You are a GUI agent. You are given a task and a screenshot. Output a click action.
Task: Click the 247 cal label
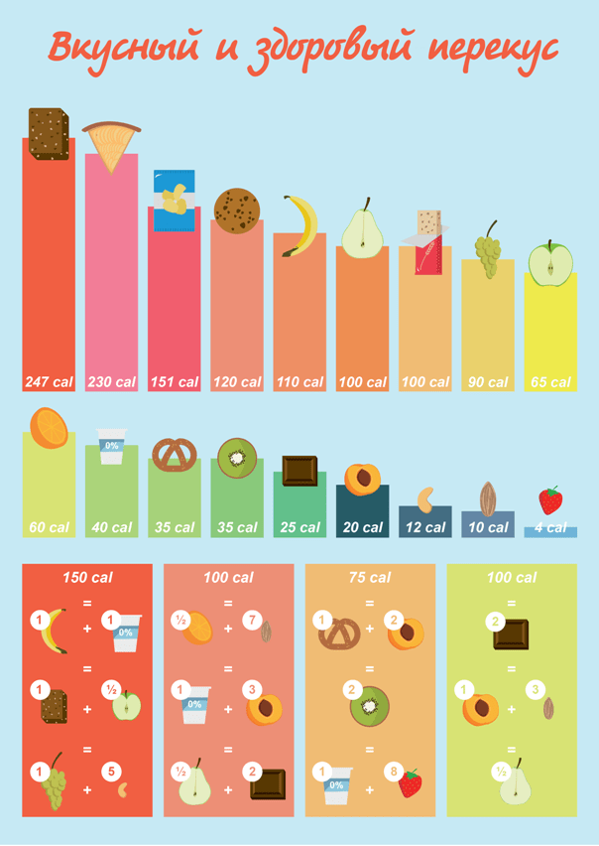pyautogui.click(x=49, y=382)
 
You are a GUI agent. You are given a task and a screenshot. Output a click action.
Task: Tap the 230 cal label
pyautogui.click(x=111, y=382)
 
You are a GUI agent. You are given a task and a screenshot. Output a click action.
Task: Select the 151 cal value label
pyautogui.click(x=174, y=382)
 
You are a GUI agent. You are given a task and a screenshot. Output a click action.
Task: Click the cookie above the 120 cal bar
pyautogui.click(x=237, y=211)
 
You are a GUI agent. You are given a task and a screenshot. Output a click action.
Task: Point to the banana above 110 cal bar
pyautogui.click(x=300, y=225)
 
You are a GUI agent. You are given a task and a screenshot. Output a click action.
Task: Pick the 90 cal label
pyautogui.click(x=487, y=382)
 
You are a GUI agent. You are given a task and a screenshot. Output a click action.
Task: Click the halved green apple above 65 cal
pyautogui.click(x=550, y=264)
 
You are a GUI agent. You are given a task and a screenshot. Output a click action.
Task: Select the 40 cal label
pyautogui.click(x=111, y=527)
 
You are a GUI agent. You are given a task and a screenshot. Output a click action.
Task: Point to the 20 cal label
pyautogui.click(x=362, y=527)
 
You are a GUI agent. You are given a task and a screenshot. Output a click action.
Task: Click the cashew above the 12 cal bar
pyautogui.click(x=425, y=496)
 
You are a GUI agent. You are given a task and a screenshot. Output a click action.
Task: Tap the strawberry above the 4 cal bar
pyautogui.click(x=550, y=499)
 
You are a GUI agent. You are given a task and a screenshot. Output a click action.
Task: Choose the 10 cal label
pyautogui.click(x=487, y=527)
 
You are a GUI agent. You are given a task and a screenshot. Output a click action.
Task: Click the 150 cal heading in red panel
pyautogui.click(x=87, y=577)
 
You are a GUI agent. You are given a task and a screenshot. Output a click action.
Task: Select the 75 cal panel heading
pyautogui.click(x=370, y=577)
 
